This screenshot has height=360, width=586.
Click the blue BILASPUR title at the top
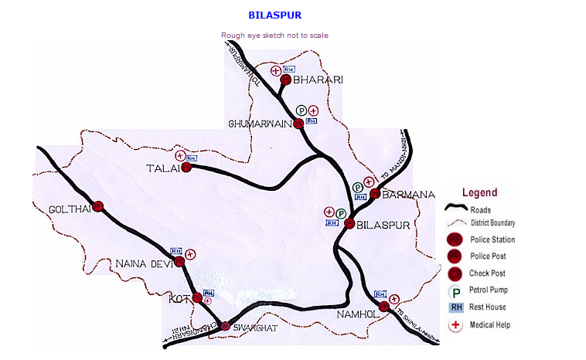click(274, 15)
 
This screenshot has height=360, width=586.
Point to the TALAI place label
click(162, 168)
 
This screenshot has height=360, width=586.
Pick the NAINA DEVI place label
click(143, 263)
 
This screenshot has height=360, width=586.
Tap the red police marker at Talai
click(186, 167)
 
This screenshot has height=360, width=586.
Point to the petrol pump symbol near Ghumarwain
click(302, 110)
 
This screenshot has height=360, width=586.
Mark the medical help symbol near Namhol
click(394, 299)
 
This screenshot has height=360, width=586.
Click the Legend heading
click(479, 192)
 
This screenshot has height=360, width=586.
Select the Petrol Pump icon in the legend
click(455, 290)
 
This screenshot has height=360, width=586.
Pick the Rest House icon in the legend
click(455, 307)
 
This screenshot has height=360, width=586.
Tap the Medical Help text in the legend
click(489, 324)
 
